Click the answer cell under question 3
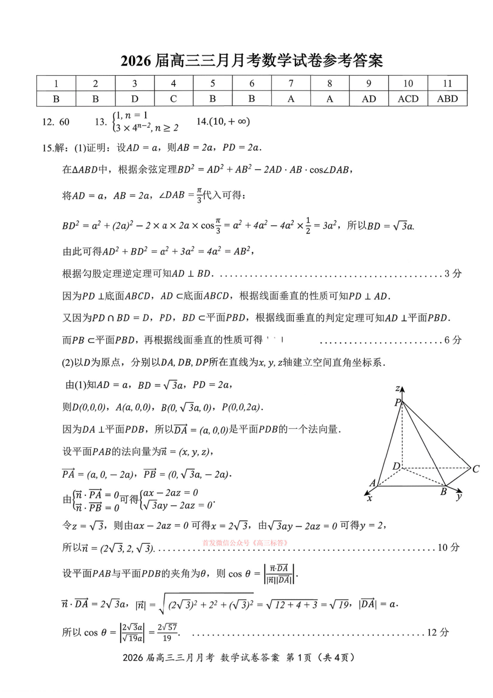tap(134, 99)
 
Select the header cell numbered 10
tap(408, 83)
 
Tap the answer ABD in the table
tap(447, 99)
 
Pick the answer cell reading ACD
tap(408, 99)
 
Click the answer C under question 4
tap(173, 99)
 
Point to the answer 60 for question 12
tap(64, 122)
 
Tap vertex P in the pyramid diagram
tap(398, 402)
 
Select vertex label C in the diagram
tap(476, 469)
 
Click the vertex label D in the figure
tap(396, 466)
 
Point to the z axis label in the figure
tap(398, 388)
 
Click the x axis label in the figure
tap(369, 498)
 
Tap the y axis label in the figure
tap(459, 496)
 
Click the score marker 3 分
tap(453, 273)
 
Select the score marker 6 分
tap(453, 340)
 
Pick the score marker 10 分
tap(448, 547)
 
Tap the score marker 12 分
tap(437, 632)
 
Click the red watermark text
tap(246, 543)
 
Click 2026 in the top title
tap(136, 61)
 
